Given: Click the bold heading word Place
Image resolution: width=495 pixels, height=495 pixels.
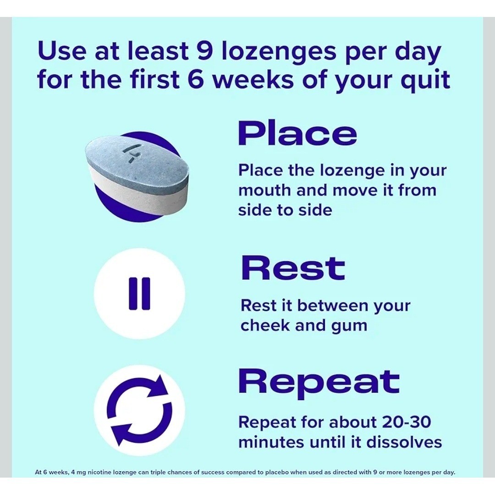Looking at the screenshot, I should tap(297, 133).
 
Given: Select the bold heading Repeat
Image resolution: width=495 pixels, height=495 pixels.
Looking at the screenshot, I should tap(319, 382).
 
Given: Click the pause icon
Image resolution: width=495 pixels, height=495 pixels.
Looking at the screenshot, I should tap(139, 294).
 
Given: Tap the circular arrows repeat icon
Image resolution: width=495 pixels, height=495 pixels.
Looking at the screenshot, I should tap(139, 410).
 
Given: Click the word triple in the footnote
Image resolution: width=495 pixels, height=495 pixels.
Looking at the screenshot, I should tap(176, 473).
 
